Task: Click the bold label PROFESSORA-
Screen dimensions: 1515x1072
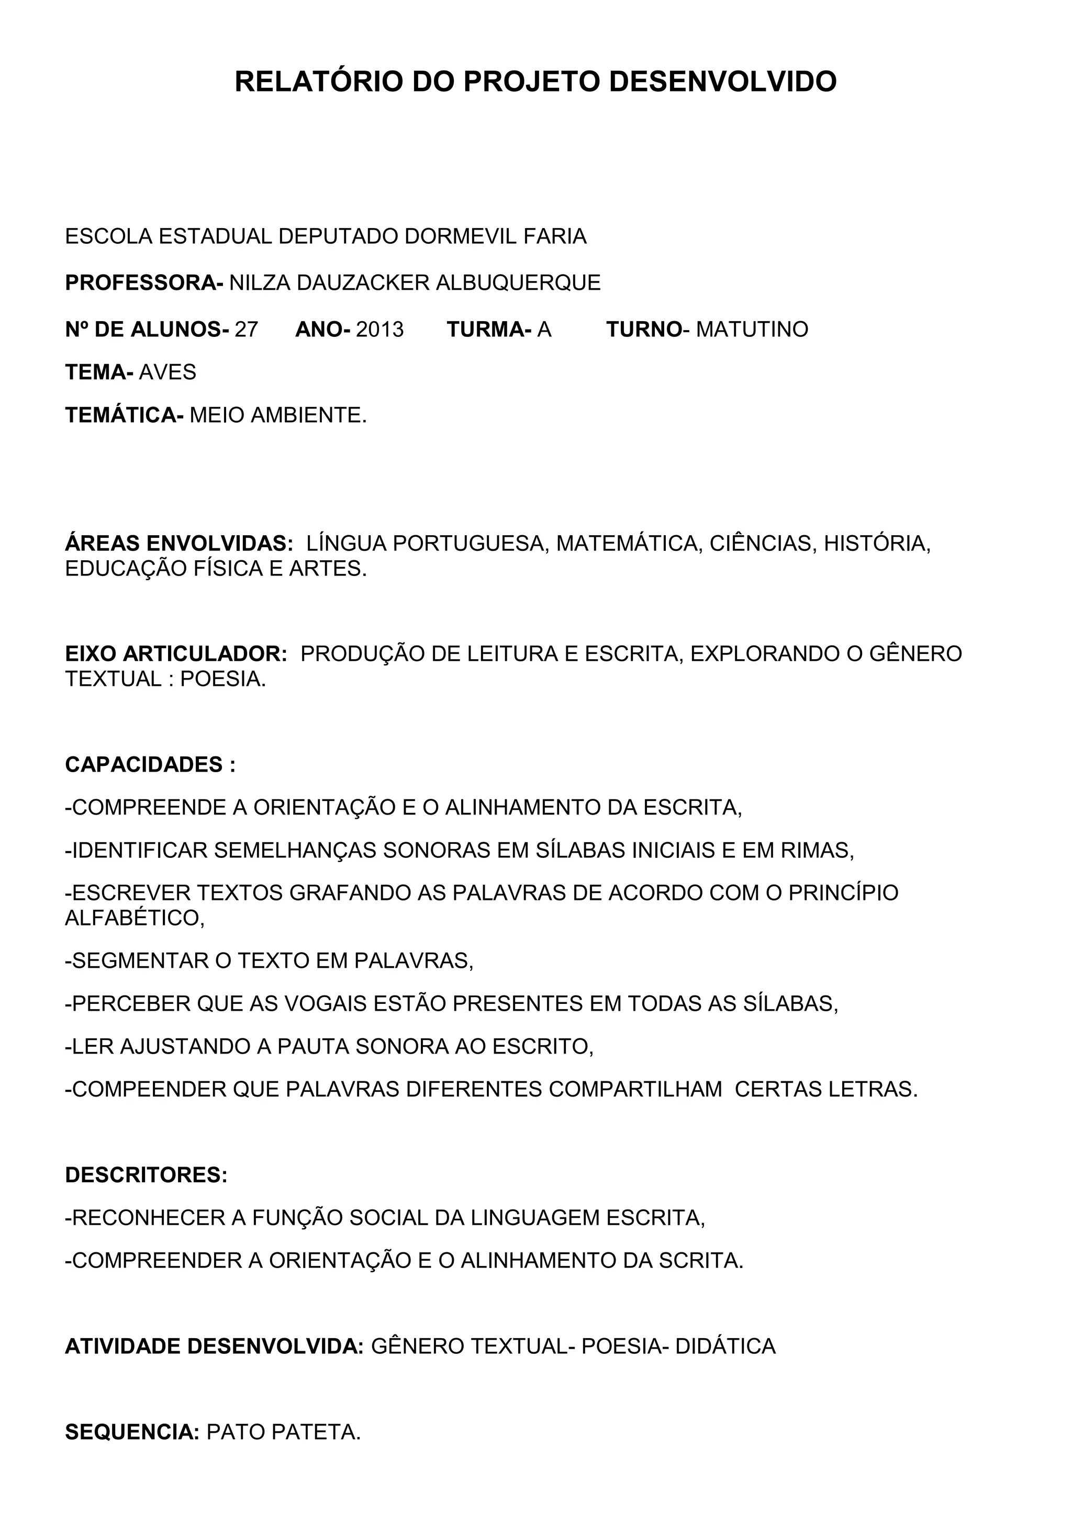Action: [144, 283]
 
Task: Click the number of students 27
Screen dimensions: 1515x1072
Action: [246, 329]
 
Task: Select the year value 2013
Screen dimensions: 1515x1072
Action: [379, 329]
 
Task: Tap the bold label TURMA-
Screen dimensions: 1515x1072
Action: [488, 329]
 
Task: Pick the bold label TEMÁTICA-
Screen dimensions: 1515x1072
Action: [124, 416]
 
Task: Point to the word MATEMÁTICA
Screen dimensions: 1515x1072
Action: [627, 544]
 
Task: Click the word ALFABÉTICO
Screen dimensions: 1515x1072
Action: [134, 919]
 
